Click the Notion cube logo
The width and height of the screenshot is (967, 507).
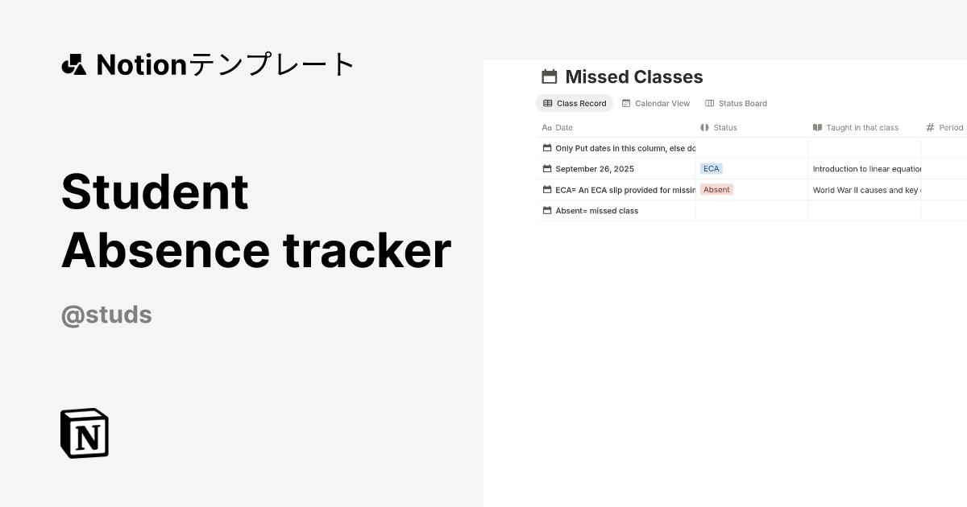tap(85, 433)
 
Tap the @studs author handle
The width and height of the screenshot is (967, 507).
tap(106, 315)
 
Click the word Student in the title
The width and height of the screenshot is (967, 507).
tap(155, 192)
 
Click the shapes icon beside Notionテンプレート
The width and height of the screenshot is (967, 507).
tap(73, 64)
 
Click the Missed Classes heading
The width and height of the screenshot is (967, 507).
tap(633, 77)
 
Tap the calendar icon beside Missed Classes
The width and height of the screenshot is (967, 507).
tap(550, 77)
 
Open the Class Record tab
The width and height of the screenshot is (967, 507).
tap(575, 103)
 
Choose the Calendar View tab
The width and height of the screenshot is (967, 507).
tap(656, 103)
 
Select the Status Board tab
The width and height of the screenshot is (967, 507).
tap(736, 103)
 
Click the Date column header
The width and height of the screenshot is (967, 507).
tap(564, 127)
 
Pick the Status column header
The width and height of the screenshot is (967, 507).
tap(725, 127)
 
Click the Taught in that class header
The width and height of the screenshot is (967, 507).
tap(861, 127)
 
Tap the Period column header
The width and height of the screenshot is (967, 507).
tap(950, 127)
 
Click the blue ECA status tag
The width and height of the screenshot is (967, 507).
tap(711, 169)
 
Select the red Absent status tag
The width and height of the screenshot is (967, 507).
tap(716, 190)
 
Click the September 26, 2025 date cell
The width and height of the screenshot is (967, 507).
tap(595, 169)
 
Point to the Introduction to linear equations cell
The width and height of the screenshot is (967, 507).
tap(866, 169)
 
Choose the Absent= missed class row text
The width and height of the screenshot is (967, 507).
tap(596, 211)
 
